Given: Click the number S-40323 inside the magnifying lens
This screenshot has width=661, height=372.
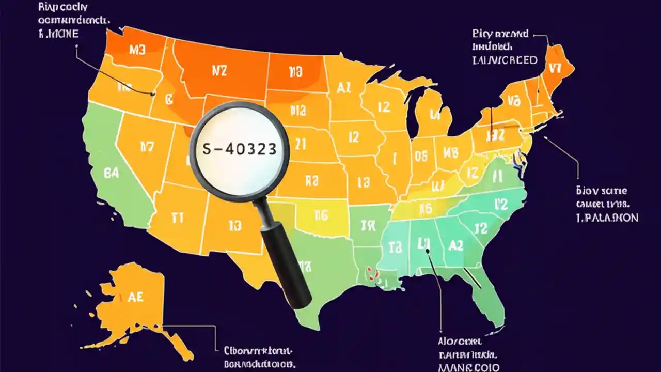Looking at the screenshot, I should click(x=240, y=149).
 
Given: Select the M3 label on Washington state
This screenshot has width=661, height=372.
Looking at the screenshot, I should click(x=138, y=50).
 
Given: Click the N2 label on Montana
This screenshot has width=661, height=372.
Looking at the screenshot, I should click(x=219, y=71).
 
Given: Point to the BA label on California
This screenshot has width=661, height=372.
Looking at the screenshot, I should click(x=111, y=173).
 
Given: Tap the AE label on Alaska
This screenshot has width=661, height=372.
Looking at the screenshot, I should click(x=135, y=297).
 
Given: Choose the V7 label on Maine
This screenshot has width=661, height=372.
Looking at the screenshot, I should click(x=555, y=68).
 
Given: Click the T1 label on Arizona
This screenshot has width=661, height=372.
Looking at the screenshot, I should click(x=177, y=218).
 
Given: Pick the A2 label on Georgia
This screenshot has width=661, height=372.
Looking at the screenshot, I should click(x=456, y=246).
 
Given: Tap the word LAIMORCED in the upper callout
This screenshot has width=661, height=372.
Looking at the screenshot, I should click(x=505, y=60).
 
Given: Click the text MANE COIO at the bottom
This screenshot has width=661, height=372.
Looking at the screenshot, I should click(x=469, y=367).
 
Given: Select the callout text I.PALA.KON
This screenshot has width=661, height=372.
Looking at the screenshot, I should click(x=607, y=218).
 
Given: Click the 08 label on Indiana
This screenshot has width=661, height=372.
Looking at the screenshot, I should click(x=421, y=156).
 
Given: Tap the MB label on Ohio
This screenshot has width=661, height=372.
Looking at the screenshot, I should click(x=451, y=152).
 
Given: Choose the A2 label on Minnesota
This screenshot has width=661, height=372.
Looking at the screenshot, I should click(x=343, y=87).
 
